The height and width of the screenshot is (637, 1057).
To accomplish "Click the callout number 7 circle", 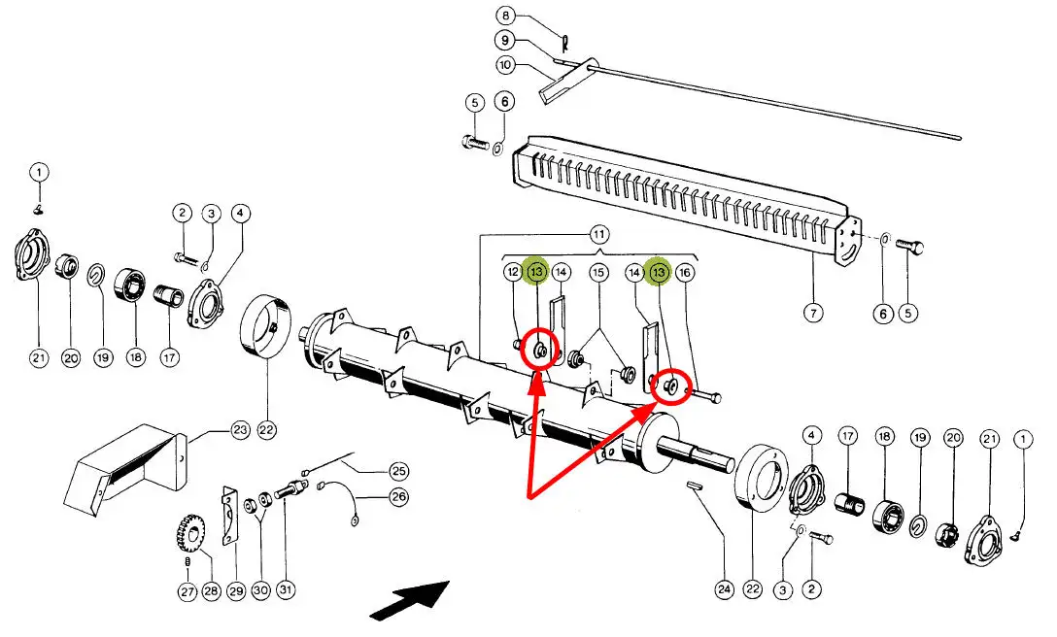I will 813,313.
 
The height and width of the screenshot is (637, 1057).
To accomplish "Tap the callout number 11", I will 598,234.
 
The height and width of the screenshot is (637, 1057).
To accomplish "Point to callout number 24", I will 723,588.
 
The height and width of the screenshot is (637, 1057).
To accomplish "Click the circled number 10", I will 504,65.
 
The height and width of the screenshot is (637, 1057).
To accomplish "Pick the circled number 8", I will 504,15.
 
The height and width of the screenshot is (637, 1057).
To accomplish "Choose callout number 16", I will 685,273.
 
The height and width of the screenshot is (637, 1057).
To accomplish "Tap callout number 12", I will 513,273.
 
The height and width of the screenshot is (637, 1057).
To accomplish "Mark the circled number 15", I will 598,273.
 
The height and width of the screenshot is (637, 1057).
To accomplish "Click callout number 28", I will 211,590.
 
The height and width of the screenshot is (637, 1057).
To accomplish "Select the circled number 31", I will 285,590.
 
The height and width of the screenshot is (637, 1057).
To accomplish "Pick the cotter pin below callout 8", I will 564,43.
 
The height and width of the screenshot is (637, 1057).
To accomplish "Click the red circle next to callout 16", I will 669,387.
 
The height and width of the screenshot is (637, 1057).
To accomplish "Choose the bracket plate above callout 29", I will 230,515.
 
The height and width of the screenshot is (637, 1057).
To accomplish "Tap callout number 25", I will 399,471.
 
